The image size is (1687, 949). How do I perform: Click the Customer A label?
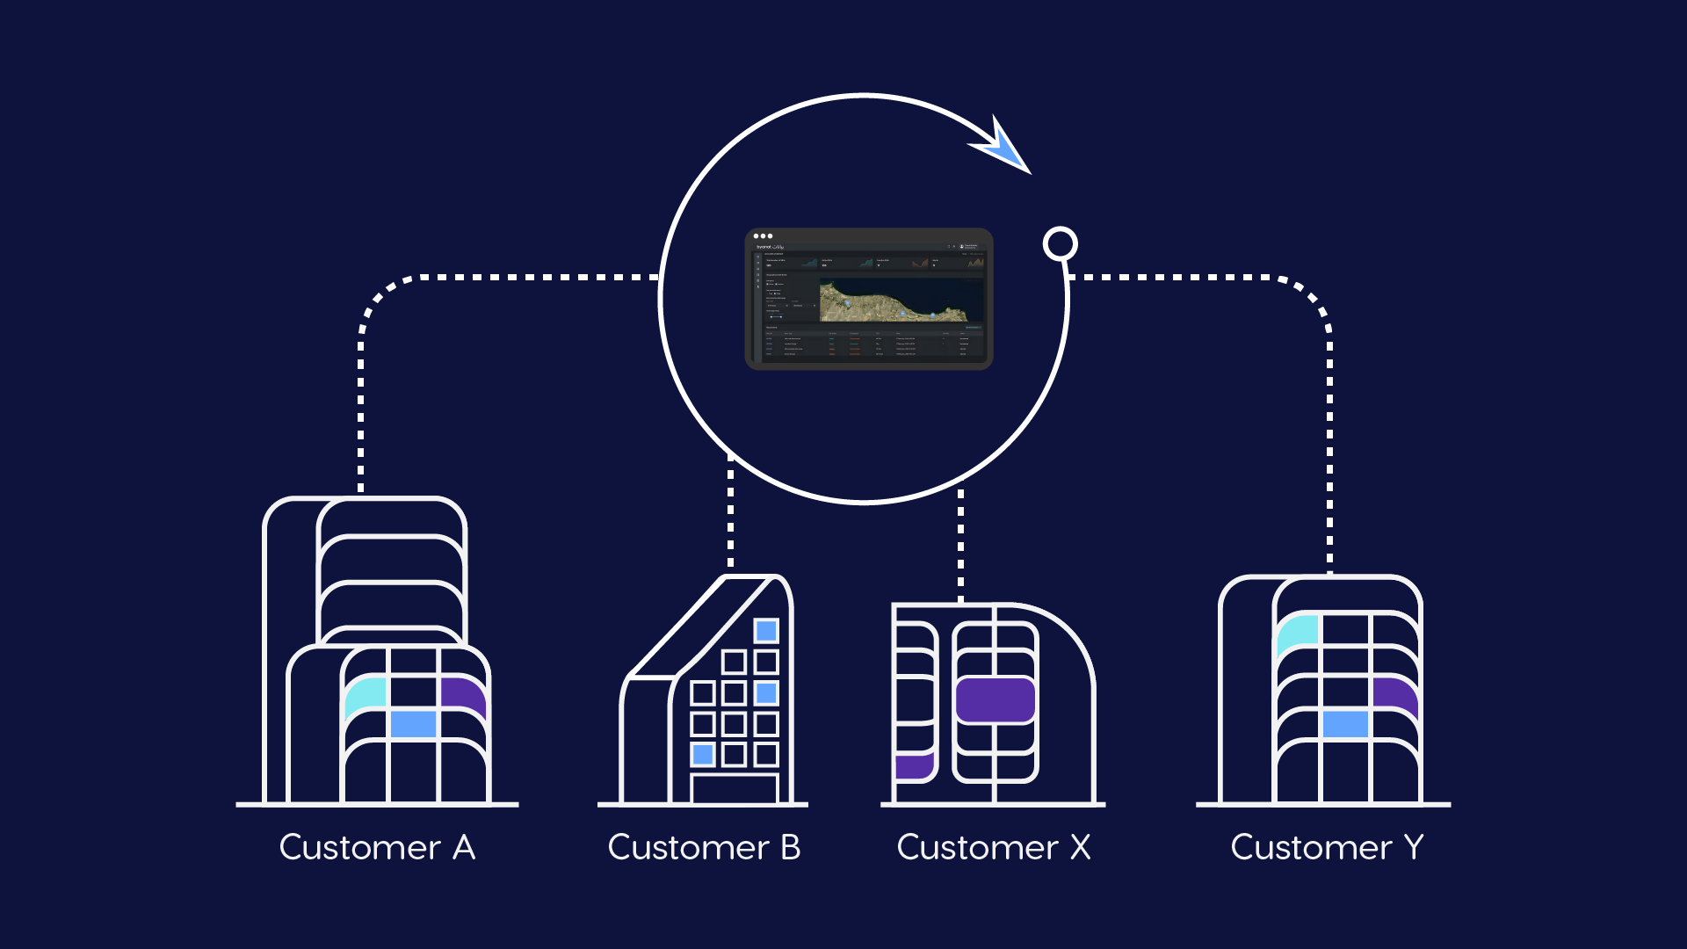coord(377,848)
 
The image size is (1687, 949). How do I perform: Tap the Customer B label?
coord(704,848)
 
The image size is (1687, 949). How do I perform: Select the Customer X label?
coord(993,848)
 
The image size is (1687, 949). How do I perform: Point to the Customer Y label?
coord(1326,848)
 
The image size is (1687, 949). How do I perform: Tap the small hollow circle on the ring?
coord(1060,243)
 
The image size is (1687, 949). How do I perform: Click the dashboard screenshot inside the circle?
coord(868,299)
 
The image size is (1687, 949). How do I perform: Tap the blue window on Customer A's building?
coord(413,724)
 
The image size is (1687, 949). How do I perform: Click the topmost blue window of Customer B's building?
coord(766,630)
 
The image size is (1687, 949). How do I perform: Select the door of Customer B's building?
coord(735,788)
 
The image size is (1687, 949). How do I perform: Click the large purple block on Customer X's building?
coord(995,699)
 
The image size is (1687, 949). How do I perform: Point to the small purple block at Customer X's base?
coord(913,765)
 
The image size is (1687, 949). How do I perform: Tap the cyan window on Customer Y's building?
coord(1298,631)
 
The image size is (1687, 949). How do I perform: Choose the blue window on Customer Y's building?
coord(1345,724)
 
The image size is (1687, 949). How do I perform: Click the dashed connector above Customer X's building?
coord(960,545)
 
